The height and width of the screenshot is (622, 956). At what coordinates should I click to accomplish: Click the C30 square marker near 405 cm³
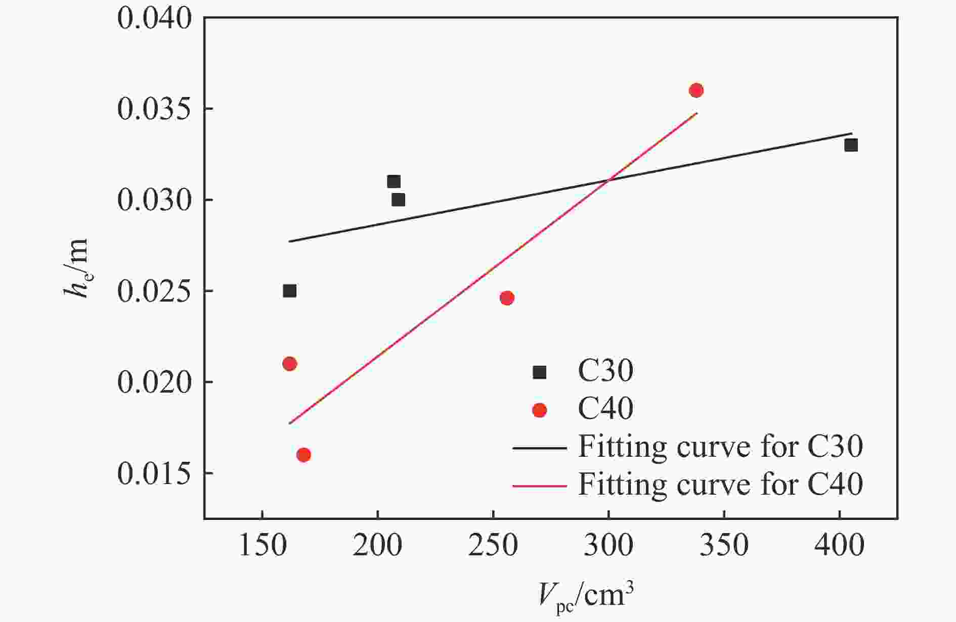click(851, 146)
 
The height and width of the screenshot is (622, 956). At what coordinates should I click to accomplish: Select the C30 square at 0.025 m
click(289, 291)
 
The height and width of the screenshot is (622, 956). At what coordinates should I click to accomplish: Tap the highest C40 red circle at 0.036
click(696, 90)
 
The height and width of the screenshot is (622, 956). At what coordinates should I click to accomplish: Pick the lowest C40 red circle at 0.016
click(303, 455)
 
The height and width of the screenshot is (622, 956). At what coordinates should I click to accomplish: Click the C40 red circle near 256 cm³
click(507, 298)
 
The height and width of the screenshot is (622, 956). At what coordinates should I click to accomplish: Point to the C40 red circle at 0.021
click(289, 364)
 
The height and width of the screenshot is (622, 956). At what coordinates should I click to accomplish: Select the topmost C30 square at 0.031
click(394, 181)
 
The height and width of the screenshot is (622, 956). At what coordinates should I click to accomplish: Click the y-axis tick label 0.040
click(154, 18)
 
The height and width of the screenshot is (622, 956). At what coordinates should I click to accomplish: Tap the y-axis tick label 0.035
click(154, 109)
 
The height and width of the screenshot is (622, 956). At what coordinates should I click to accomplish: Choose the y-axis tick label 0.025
click(154, 292)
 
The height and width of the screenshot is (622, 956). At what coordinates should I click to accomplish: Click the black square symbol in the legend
click(540, 372)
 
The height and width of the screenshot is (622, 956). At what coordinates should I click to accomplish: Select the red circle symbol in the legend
click(540, 410)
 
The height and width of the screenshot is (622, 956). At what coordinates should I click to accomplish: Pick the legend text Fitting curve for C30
click(720, 447)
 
